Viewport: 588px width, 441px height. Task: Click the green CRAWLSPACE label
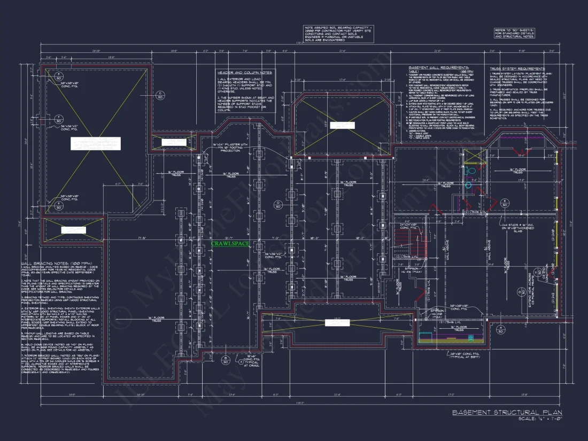(x=230, y=244)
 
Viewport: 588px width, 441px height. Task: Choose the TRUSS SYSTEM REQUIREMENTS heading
(x=518, y=68)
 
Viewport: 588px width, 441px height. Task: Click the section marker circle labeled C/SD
(x=159, y=96)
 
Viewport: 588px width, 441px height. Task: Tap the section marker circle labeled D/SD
(x=278, y=203)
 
